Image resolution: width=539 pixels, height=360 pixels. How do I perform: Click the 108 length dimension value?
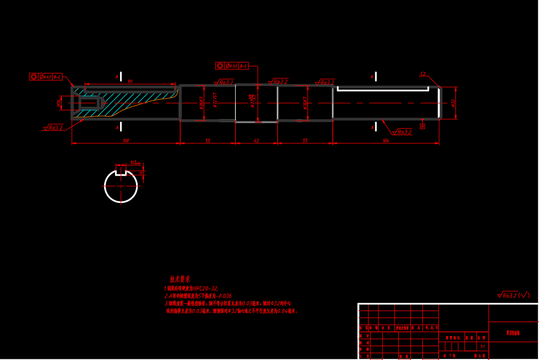[126, 141]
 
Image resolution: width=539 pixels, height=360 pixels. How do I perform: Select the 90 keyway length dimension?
[130, 81]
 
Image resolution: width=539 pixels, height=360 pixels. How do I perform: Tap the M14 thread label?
[59, 103]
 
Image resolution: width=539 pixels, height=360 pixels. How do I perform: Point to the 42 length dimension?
[256, 141]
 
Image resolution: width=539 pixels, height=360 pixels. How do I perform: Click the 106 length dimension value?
[385, 141]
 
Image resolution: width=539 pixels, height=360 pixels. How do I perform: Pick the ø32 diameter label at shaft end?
[453, 103]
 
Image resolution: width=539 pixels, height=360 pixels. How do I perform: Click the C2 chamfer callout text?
[423, 74]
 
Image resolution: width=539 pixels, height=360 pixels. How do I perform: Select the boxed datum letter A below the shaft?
[422, 127]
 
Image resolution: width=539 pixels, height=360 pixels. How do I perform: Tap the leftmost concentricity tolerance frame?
[46, 77]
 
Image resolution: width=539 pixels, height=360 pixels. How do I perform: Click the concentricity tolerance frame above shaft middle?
[232, 66]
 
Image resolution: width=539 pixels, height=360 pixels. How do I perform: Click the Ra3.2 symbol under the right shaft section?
[402, 132]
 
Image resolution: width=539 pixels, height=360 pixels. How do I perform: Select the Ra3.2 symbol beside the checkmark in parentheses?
[507, 295]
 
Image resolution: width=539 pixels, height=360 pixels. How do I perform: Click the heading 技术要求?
[180, 279]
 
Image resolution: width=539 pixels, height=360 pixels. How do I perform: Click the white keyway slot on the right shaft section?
[383, 89]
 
